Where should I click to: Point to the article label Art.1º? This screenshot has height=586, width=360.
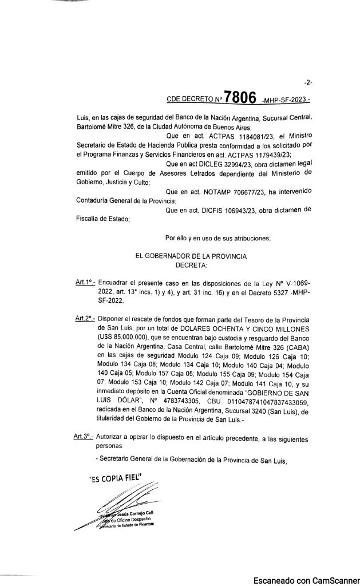click(x=85, y=283)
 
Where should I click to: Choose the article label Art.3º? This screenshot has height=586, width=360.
click(x=85, y=438)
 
